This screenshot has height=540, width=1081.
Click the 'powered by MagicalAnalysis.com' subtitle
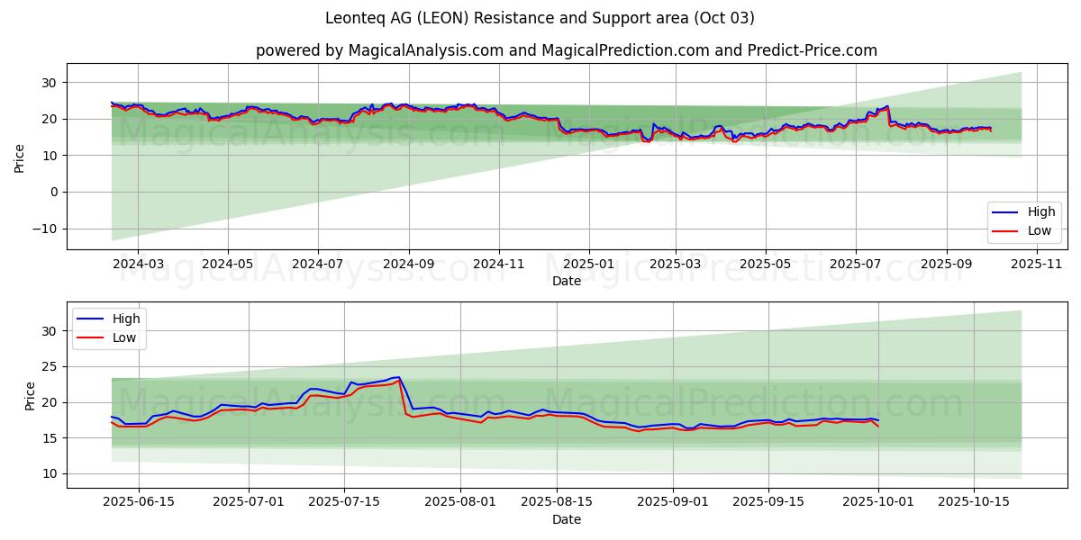[566, 50]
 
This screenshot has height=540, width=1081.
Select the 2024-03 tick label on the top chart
[138, 264]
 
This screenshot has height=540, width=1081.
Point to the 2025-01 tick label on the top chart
[588, 264]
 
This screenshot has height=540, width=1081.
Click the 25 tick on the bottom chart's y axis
[50, 367]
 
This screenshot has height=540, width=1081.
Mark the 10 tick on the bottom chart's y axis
[50, 474]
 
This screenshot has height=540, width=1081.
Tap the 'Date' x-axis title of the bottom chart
[566, 519]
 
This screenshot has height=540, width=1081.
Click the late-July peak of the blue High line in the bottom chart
[398, 377]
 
